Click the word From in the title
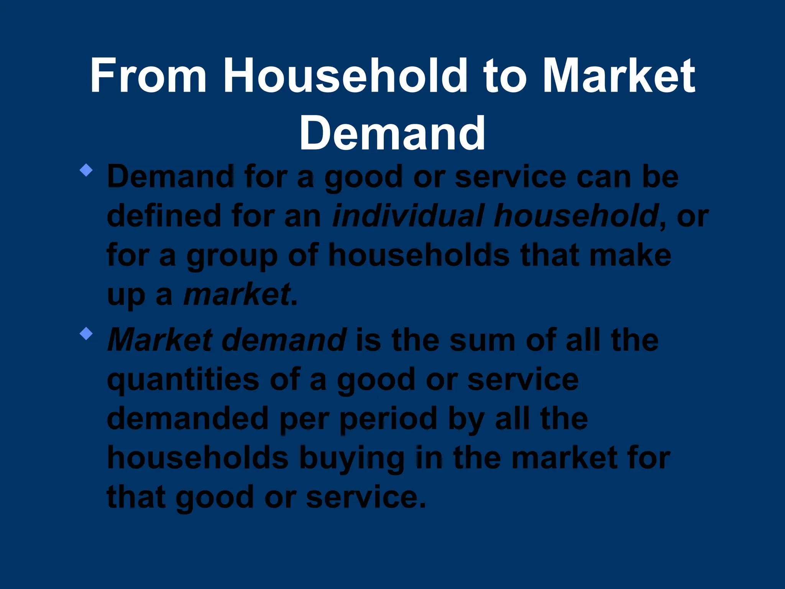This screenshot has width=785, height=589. [x=148, y=75]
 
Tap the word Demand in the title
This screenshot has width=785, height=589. [x=392, y=133]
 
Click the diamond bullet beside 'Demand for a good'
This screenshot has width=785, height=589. [x=86, y=170]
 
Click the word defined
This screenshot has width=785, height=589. [x=164, y=216]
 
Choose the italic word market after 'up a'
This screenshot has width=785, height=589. [x=236, y=295]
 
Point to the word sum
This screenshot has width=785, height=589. [x=483, y=340]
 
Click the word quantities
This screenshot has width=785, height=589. [x=183, y=380]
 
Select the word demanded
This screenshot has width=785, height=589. [x=187, y=419]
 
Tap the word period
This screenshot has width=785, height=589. [x=388, y=420]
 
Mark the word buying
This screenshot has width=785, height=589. [x=351, y=459]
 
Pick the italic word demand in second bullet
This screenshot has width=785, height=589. [x=284, y=340]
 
